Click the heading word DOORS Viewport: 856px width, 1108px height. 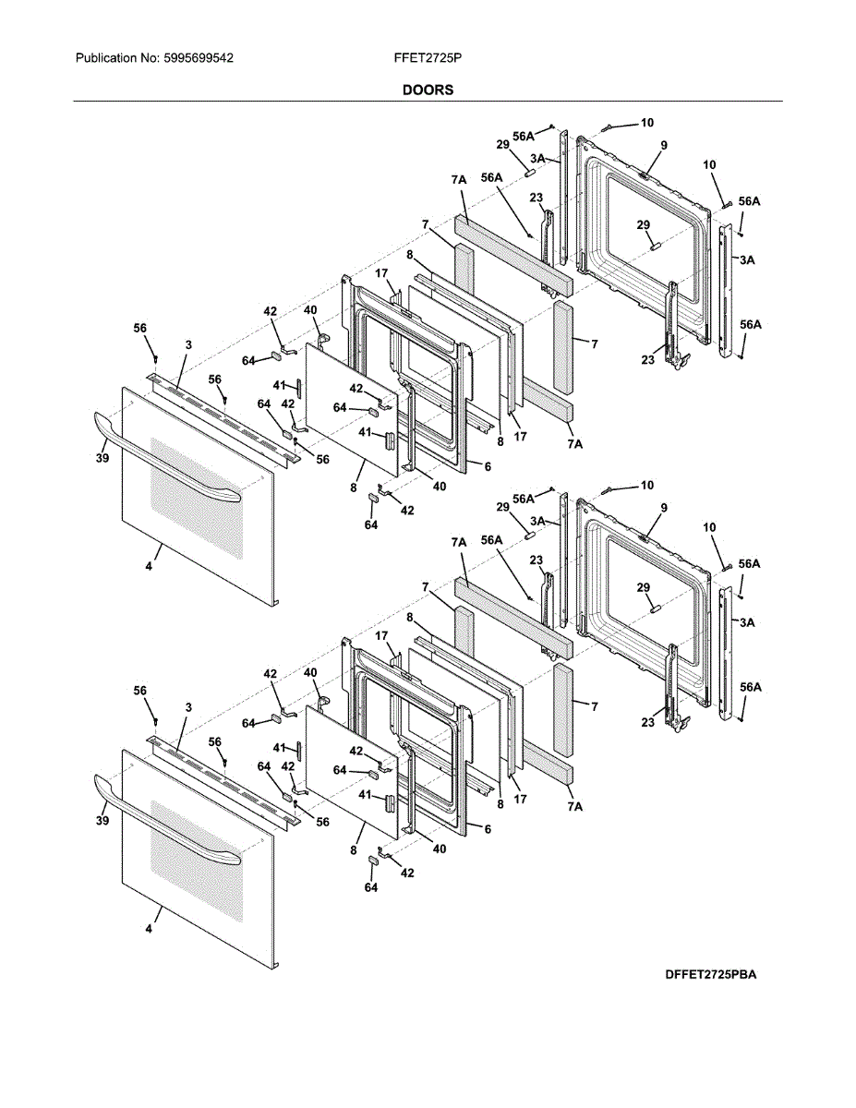click(428, 90)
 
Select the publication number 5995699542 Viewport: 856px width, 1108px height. click(199, 58)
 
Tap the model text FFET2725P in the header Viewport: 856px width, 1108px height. click(428, 58)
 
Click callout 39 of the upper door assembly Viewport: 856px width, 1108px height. click(102, 458)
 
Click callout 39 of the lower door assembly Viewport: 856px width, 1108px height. click(102, 821)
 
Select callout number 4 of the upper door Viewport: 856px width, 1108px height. click(149, 566)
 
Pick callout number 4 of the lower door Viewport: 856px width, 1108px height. click(149, 929)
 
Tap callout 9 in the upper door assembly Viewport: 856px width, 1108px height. click(664, 145)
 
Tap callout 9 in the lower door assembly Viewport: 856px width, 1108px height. click(664, 508)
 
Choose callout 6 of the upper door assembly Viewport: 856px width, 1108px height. click(488, 466)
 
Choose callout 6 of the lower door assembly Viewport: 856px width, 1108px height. click(488, 829)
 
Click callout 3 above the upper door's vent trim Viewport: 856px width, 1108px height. click(188, 345)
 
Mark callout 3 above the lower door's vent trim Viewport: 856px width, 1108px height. click(188, 707)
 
